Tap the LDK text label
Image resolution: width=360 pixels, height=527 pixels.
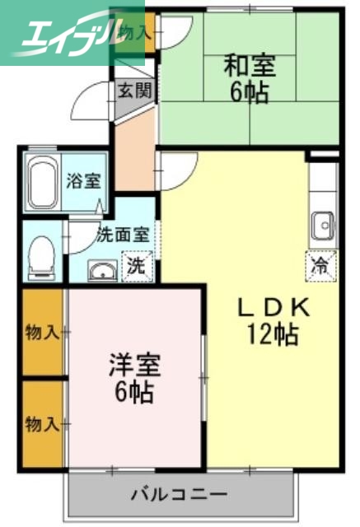click(271, 308)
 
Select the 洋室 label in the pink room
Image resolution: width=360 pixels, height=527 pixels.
click(133, 365)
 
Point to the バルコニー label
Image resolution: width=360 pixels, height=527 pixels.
click(179, 495)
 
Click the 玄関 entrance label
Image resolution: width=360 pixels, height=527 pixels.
click(132, 91)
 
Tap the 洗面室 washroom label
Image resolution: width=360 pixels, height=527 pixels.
click(123, 233)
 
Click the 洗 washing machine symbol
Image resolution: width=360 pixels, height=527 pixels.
click(135, 266)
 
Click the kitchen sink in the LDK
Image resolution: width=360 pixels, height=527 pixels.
click(322, 223)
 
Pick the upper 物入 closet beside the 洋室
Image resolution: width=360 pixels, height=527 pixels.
click(42, 333)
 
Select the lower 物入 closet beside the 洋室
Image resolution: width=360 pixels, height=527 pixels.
click(42, 425)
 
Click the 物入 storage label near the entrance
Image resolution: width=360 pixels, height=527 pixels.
click(132, 34)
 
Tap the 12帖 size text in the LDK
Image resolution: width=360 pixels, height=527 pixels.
click(271, 333)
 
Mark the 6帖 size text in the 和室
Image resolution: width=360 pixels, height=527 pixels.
click(248, 91)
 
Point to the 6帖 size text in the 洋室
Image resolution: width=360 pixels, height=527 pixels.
click(133, 391)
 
